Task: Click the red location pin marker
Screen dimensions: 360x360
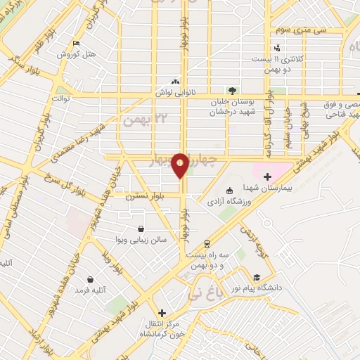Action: [x=180, y=166]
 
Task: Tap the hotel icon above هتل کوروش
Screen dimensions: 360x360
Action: [x=74, y=43]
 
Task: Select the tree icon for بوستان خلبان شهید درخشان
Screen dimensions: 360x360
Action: [x=231, y=90]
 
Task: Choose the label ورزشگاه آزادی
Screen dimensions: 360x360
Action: [x=223, y=202]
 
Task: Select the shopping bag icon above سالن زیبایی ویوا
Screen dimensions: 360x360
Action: [x=141, y=229]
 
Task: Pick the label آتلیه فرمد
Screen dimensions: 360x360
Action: [x=91, y=290]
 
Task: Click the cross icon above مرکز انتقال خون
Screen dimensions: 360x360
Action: [x=162, y=313]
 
